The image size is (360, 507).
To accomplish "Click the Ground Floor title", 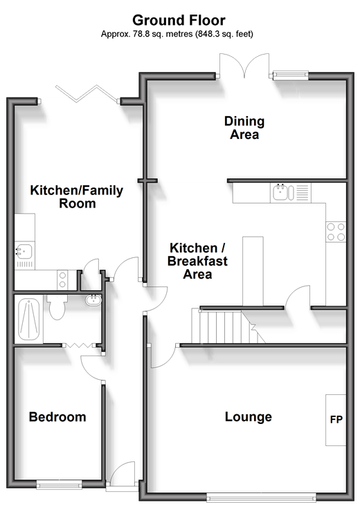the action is point(179,20).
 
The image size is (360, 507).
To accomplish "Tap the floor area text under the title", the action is point(177,34).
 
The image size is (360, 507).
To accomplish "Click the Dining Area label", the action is point(244,128).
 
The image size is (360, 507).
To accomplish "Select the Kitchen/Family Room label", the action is point(77,196).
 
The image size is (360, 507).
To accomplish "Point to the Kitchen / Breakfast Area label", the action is point(197,261).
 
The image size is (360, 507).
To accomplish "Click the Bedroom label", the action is point(57,417).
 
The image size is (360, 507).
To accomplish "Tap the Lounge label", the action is point(249,417).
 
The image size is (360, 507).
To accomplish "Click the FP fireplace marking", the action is point(336,419).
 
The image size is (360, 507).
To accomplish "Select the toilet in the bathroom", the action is point(57,306).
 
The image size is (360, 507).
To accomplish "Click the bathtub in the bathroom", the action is point(29,319).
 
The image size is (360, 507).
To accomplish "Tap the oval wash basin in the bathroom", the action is point(93,300).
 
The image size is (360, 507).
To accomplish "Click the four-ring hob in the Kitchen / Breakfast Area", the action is point(336,232).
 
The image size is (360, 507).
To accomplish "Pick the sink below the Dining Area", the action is point(280,192).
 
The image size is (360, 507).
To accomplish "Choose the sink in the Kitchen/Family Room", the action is point(24,252).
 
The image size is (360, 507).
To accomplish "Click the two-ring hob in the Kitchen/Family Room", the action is point(62,279).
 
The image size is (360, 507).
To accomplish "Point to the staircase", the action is point(228,326).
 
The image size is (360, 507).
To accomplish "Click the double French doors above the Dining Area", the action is point(244,66).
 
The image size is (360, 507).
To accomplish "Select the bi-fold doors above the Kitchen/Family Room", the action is point(87,94).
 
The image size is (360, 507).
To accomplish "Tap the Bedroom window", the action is point(59,484).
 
